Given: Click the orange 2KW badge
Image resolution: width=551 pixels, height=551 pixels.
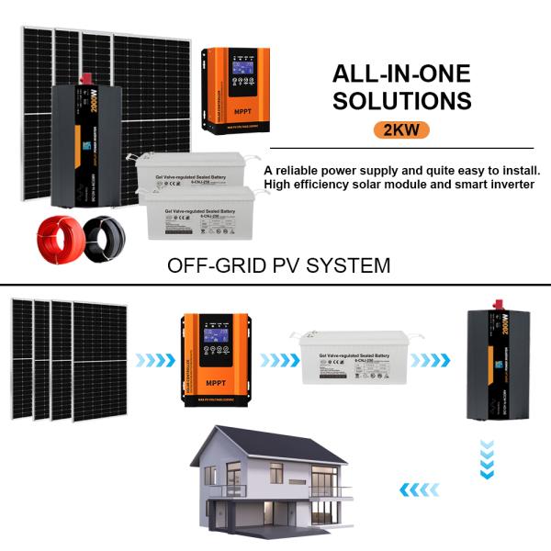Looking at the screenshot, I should coord(401,129).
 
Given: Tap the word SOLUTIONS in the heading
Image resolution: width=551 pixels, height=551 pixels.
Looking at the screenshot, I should coord(401,100).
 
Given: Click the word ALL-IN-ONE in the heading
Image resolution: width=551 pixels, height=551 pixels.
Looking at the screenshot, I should coord(401,73).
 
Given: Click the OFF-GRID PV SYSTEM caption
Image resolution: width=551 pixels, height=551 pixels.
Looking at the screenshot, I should coord(278,266).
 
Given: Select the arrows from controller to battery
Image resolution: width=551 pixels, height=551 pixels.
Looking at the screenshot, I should coord(275,360).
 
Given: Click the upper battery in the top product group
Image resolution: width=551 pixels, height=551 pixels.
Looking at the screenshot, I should coord(187,170).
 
